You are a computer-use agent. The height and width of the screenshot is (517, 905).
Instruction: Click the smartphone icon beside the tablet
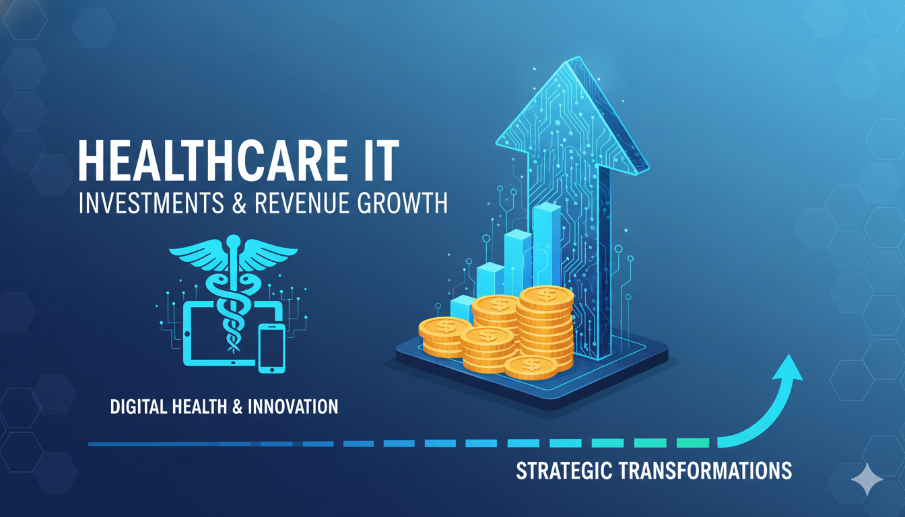click(x=271, y=347)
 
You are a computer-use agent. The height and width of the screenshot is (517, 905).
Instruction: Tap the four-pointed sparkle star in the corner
click(x=867, y=479)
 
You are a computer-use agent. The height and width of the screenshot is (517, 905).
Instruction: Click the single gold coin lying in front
click(x=531, y=366)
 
